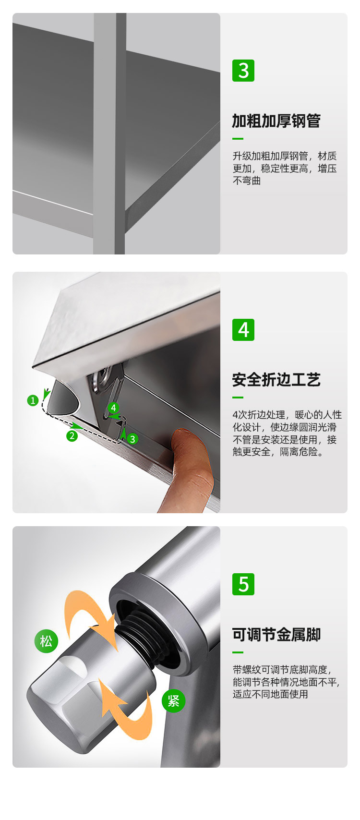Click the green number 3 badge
243,71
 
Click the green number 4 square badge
243,329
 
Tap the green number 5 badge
243,584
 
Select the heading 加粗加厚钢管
276,121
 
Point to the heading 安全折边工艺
276,380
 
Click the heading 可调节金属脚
276,634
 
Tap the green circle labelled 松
46,641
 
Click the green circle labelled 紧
173,700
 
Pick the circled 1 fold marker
33,400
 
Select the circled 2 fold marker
72,436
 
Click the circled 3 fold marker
132,439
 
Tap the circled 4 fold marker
113,408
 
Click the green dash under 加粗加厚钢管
238,139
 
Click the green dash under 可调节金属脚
238,652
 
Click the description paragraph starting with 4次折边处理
287,433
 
